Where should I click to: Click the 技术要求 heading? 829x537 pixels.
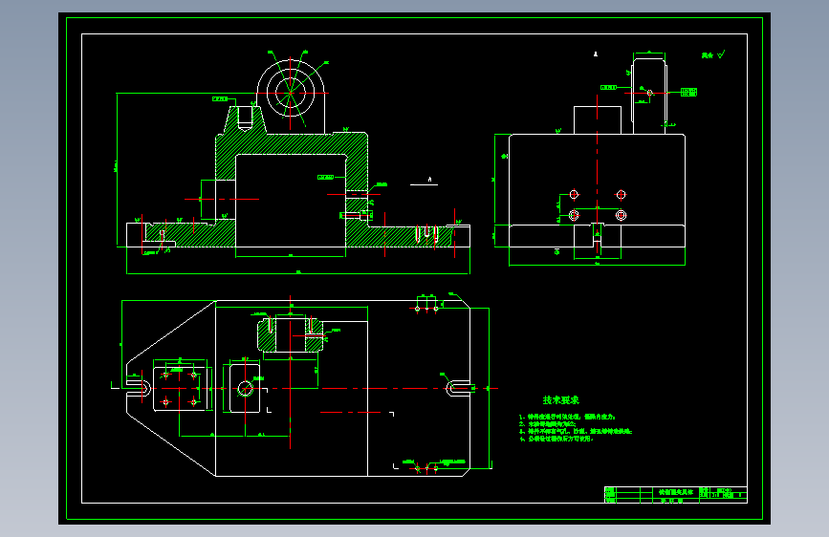pos(561,400)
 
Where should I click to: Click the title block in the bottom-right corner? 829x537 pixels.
pos(673,494)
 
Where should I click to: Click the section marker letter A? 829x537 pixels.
pos(430,178)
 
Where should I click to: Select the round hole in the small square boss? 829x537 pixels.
pos(245,388)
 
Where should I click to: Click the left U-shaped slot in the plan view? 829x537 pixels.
pos(139,389)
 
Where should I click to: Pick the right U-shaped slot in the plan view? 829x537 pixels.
pos(458,388)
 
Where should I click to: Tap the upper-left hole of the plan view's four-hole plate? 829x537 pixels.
pos(166,373)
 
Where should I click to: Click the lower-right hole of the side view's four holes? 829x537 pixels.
pos(622,215)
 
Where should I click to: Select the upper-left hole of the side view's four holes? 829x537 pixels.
pos(574,195)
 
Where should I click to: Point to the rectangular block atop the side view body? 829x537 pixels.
pos(598,119)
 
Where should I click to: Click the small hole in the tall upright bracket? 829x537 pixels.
pos(650,93)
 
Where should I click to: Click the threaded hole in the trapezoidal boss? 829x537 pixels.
pos(244,118)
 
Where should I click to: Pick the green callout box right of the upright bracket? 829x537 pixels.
pos(688,92)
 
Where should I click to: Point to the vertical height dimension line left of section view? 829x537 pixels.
pos(116,169)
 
